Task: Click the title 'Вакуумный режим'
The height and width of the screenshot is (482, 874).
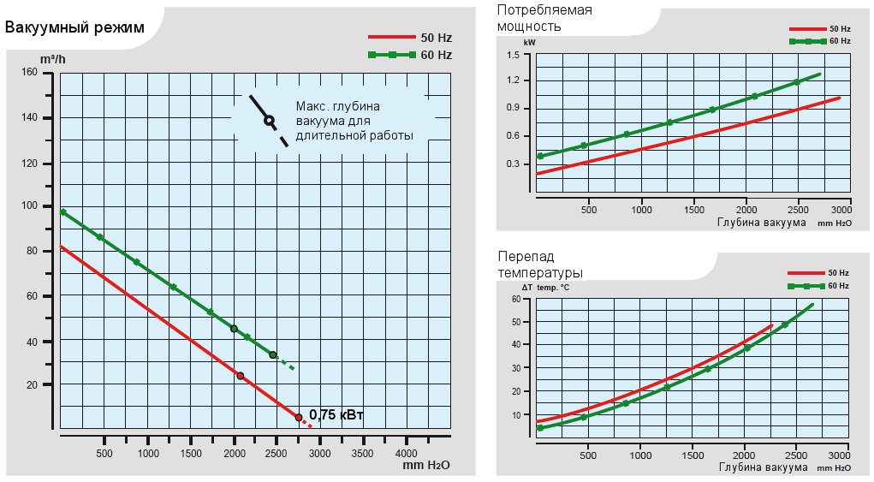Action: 74,27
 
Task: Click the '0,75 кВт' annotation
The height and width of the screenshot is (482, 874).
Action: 336,415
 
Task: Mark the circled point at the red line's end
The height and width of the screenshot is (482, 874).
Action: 299,418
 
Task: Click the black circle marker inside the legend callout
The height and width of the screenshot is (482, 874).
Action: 269,121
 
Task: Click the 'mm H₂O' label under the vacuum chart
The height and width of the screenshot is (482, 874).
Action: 426,466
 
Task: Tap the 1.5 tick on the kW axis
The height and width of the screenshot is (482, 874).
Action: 513,55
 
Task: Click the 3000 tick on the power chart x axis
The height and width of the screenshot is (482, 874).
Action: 841,210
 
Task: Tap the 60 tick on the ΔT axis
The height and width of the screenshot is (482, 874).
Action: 516,300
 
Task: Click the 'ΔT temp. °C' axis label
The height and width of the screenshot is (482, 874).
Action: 546,287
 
